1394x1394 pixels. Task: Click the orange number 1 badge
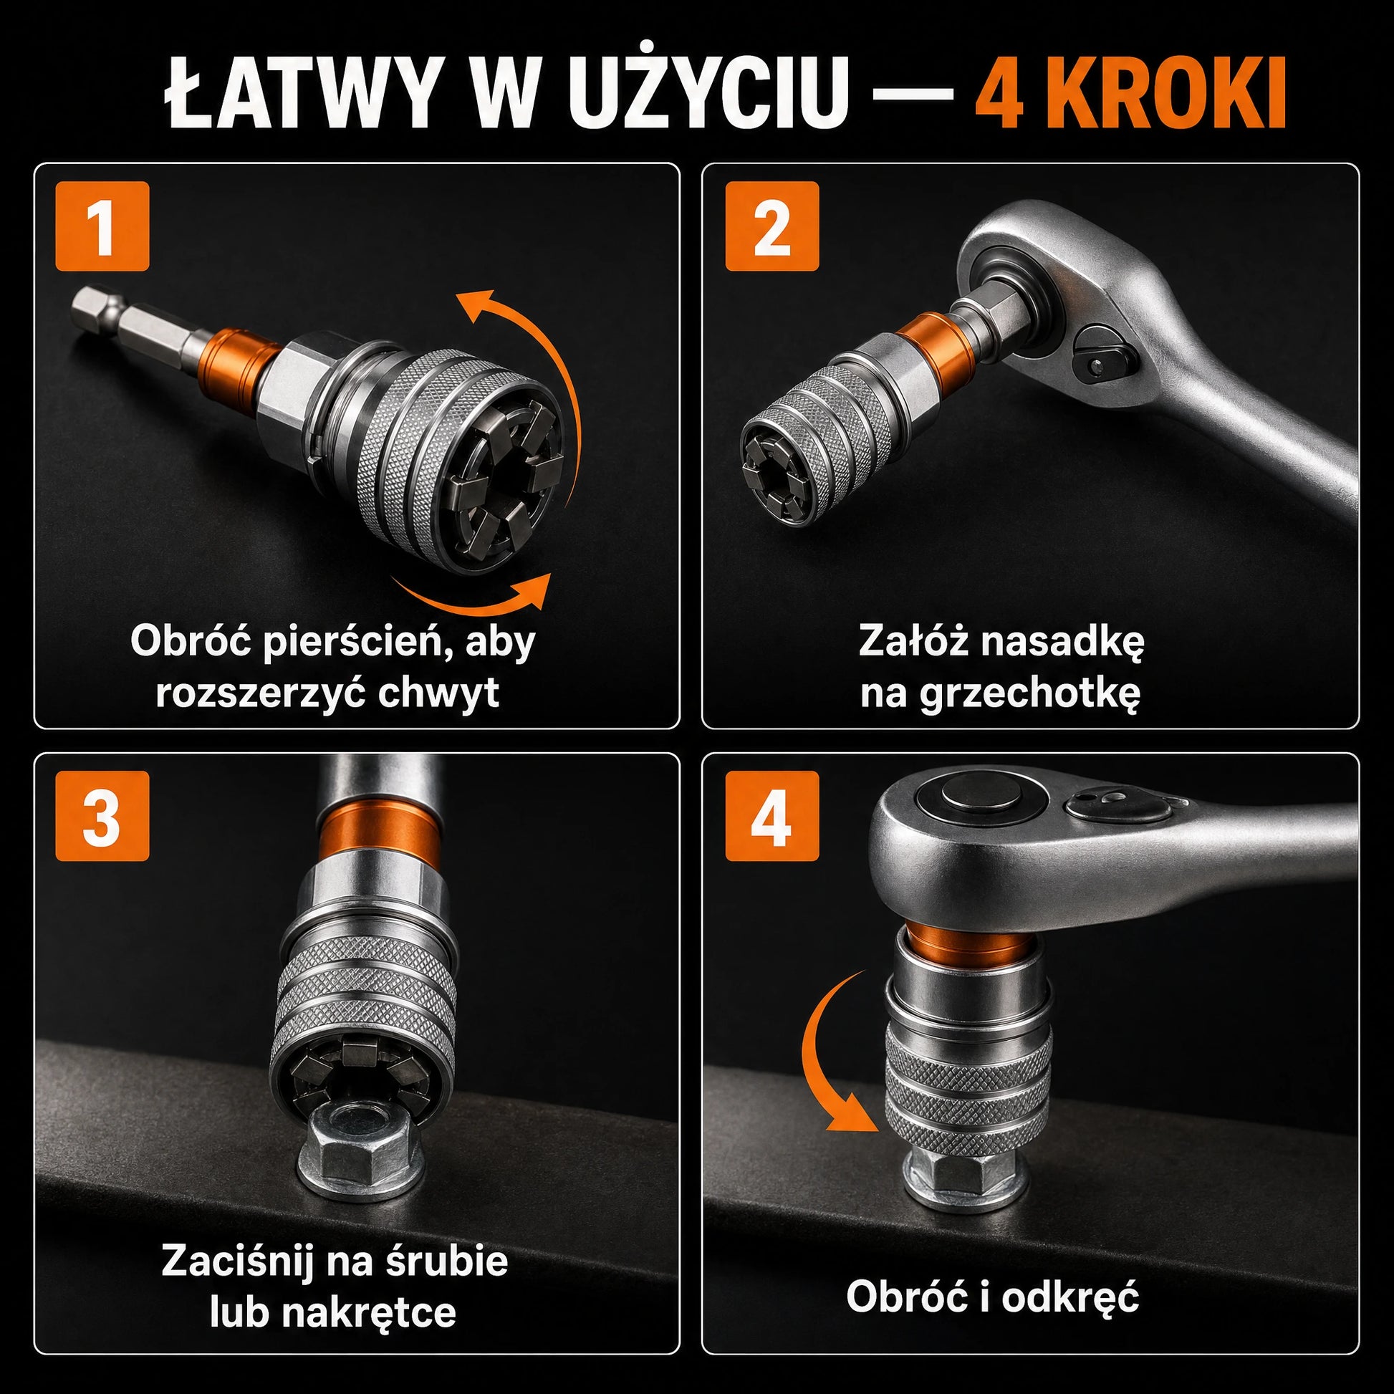(x=102, y=226)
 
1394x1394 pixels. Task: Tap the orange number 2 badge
(x=772, y=226)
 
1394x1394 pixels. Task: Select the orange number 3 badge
(x=102, y=815)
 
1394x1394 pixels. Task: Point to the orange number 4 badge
(x=772, y=815)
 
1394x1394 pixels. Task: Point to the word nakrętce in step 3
(x=369, y=1312)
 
